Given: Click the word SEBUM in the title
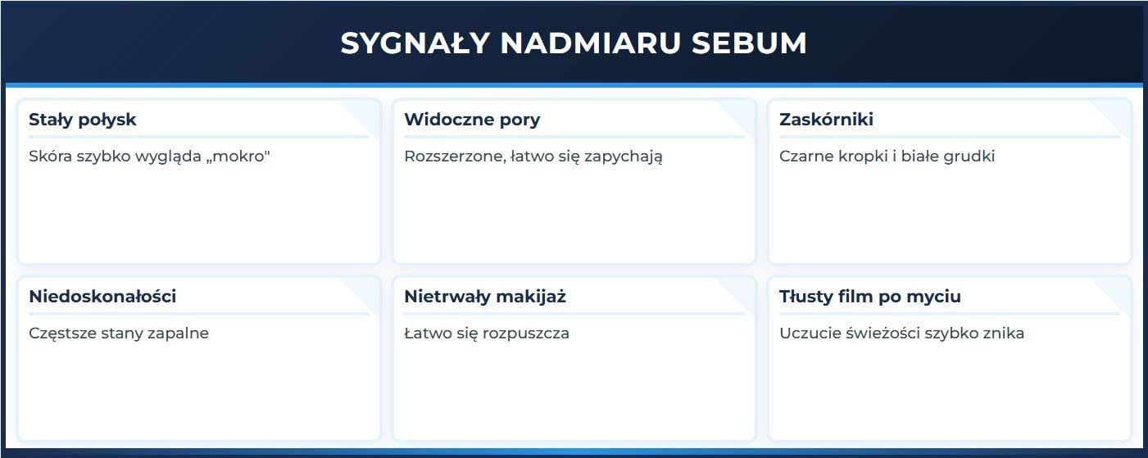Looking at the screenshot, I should coord(749,43).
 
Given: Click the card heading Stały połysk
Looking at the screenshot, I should coord(82,120).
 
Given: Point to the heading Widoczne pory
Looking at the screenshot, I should coord(472,120).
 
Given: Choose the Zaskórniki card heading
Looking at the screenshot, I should coord(826,120).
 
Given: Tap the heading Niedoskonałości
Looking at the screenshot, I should coord(102,297).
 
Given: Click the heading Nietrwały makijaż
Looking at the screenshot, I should coord(484,297).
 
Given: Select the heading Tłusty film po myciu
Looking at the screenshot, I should coord(869,297).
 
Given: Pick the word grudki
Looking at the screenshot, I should coord(968,156).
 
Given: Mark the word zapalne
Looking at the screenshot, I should coord(179,333).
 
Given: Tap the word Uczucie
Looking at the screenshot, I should coord(808,333).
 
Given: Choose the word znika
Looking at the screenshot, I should coord(1002,333).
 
